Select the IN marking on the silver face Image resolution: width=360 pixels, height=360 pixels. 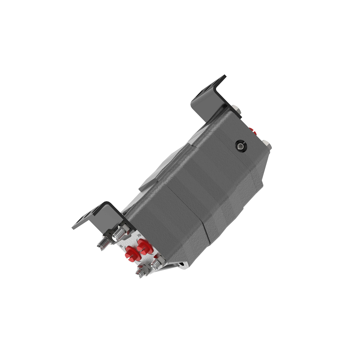coord(122,246)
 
